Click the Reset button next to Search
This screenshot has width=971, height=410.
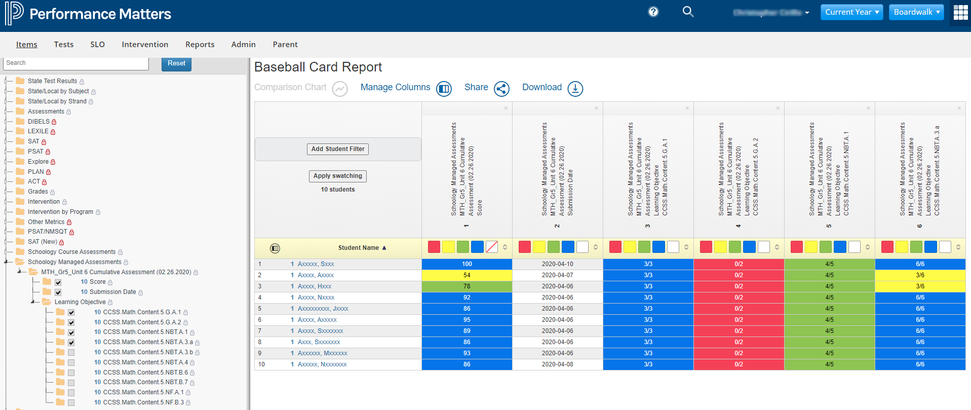[176, 63]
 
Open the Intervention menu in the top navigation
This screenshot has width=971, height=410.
[145, 45]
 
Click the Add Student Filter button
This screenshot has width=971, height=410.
[338, 149]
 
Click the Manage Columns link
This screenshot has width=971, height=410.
[395, 87]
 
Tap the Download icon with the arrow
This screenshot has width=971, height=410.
[575, 89]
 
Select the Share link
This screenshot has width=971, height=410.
[476, 87]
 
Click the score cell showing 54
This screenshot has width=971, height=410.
[467, 275]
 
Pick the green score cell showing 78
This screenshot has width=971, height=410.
[467, 286]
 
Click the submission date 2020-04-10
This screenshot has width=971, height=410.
[557, 264]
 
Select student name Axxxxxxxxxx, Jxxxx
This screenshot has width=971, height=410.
[323, 309]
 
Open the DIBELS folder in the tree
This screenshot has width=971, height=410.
[38, 122]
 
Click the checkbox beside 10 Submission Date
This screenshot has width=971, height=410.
[58, 292]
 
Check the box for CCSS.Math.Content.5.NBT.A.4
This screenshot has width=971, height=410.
[71, 363]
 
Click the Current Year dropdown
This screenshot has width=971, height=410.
[851, 12]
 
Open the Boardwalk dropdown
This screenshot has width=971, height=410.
[916, 12]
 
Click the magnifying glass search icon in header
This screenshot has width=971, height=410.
[688, 12]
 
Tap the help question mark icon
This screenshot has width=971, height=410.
[653, 12]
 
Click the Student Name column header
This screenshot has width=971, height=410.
[358, 248]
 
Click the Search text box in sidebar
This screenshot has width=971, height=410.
[76, 63]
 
